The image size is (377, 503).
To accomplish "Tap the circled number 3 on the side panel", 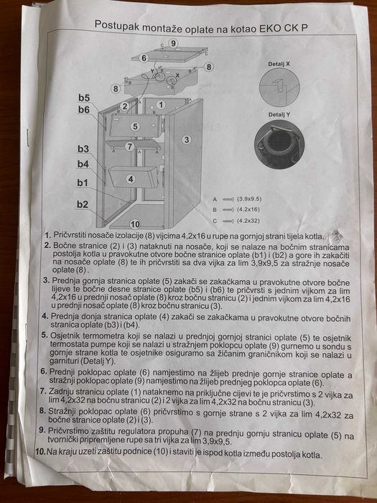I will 186,139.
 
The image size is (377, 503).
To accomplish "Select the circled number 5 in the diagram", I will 134,126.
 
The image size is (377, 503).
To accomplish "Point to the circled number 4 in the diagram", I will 131,178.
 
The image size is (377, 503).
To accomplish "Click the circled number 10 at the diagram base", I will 134,225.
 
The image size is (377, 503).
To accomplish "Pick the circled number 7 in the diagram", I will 130,147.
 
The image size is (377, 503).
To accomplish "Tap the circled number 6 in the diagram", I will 144,57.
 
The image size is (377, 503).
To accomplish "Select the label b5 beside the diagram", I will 84,97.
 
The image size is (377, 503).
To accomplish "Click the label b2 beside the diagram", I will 83,205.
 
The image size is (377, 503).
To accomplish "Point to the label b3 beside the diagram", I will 83,149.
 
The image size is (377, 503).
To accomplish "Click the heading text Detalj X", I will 279,64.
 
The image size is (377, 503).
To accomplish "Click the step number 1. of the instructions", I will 47,236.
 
